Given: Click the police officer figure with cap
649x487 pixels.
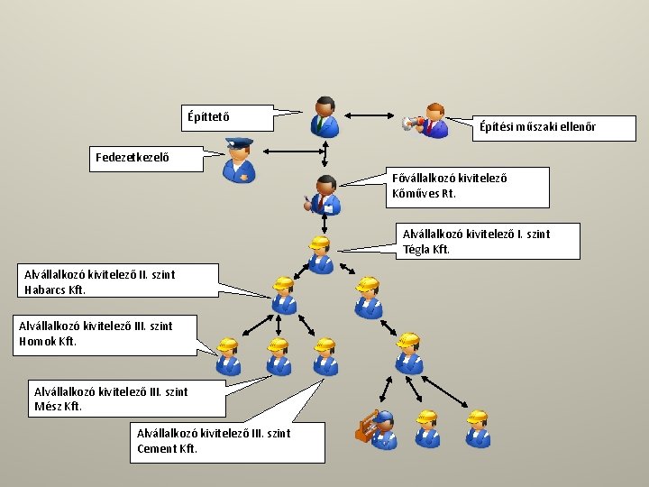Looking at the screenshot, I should (x=239, y=160).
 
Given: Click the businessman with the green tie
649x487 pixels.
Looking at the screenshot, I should (x=324, y=115).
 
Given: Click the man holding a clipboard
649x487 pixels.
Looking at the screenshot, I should (x=324, y=195).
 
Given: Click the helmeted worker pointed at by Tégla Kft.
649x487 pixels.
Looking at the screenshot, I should (x=319, y=253).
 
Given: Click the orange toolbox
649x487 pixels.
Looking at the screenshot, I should (x=365, y=427).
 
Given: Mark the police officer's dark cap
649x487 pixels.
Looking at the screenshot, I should (x=239, y=143).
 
